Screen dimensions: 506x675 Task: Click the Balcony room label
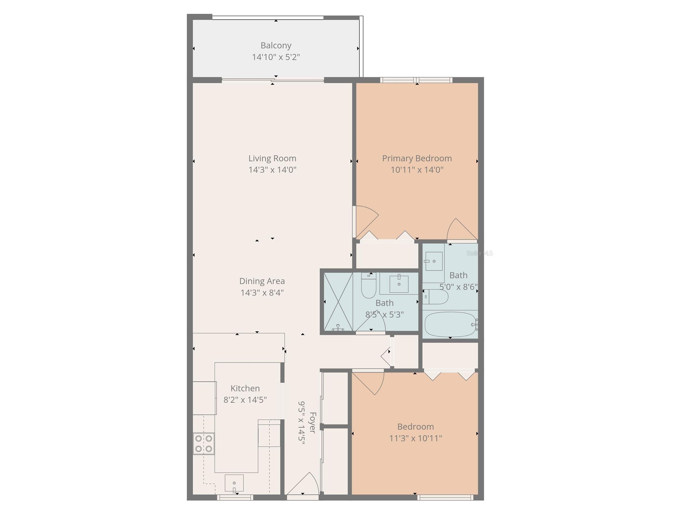coord(276,45)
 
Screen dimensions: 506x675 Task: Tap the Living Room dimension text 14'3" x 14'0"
coord(272,170)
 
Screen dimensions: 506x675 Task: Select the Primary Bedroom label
coord(417,158)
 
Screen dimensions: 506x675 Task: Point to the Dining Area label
coord(262,281)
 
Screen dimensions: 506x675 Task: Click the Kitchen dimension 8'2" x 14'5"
coord(245,400)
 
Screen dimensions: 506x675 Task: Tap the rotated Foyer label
coord(312,422)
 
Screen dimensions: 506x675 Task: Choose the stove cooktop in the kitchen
coord(203,443)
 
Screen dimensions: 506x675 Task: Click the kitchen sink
coord(234,483)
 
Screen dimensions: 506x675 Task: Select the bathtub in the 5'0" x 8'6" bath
coord(450,325)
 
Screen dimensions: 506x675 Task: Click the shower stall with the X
coord(338,302)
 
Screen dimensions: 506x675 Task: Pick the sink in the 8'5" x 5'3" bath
coord(399,284)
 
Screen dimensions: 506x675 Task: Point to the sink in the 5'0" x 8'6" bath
coord(434,261)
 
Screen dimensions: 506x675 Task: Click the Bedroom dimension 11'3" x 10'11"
coord(415,439)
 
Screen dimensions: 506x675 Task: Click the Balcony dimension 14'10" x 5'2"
coord(276,57)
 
